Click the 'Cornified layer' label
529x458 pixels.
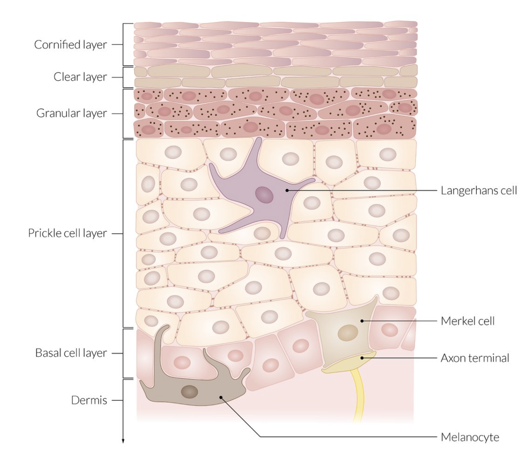(70, 45)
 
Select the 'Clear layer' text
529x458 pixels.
(80, 77)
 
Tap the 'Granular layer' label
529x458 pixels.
(71, 114)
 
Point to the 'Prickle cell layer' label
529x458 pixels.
(67, 233)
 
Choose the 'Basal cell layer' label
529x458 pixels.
(71, 353)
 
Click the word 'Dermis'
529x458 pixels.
(89, 401)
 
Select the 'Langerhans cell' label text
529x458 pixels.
(478, 191)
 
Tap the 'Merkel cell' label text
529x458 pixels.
(467, 321)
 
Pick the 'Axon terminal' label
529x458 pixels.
(475, 358)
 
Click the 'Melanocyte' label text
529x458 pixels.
(470, 437)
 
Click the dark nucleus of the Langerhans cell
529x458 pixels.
(264, 194)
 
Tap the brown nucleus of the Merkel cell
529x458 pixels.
(348, 333)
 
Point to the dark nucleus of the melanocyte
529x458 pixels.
(190, 390)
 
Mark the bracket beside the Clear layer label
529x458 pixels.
(123, 77)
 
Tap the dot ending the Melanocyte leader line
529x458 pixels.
(221, 398)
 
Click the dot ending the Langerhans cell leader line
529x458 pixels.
(286, 190)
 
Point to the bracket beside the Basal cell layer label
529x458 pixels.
(123, 353)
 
